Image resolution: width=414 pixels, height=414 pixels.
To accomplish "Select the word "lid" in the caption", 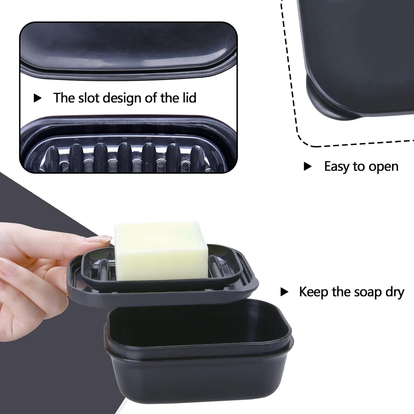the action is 189,98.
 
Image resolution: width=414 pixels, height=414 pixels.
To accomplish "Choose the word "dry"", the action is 394,292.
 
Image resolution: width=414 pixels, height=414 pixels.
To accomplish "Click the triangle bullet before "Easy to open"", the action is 307,166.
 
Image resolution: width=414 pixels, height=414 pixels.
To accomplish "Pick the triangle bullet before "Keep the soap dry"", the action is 284,292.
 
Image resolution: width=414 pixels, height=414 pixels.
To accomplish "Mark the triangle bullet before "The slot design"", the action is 37,98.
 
